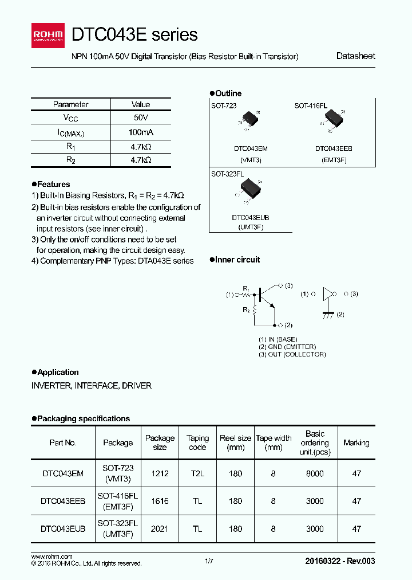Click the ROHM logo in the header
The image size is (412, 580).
tap(49, 36)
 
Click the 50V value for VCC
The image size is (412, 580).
tap(141, 118)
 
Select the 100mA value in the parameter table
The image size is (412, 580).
tap(141, 132)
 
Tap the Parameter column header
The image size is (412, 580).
tap(70, 104)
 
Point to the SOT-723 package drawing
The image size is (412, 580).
tap(249, 119)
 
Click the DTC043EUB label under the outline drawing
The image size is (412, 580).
tap(250, 218)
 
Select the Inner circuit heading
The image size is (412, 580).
tap(237, 260)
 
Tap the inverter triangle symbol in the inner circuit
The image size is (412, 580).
tap(328, 294)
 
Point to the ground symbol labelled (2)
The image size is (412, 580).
tap(328, 315)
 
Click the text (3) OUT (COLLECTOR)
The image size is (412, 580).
tap(292, 354)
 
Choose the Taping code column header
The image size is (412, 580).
tap(197, 442)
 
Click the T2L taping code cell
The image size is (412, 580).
tap(197, 473)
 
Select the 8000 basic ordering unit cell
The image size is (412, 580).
tap(315, 473)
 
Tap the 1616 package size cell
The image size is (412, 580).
tap(160, 501)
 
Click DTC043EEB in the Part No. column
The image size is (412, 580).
tap(63, 501)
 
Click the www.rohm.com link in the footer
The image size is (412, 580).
tap(51, 557)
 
